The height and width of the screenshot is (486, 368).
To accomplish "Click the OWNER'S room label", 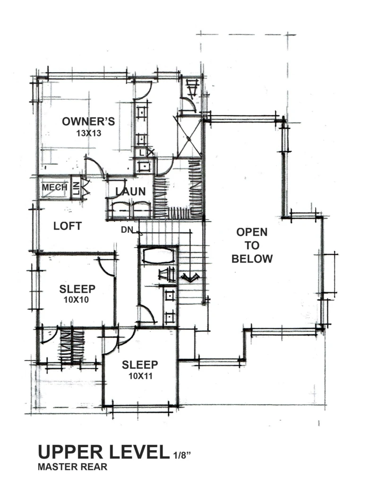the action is [88, 121].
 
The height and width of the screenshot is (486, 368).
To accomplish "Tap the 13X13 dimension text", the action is [89, 133].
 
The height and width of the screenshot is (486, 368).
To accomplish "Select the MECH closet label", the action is [55, 187].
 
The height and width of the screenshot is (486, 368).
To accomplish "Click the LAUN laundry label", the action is [131, 192].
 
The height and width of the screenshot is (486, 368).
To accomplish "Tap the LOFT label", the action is [68, 226].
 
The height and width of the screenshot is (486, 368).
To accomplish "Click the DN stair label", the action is [127, 230].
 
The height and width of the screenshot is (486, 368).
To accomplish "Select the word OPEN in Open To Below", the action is [252, 232].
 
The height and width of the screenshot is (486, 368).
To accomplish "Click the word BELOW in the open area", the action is [252, 259].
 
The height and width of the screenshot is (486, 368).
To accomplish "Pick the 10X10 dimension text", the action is [77, 300].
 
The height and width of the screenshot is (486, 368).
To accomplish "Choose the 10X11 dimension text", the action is [140, 376].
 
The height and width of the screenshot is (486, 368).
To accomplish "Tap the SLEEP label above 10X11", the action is [140, 365].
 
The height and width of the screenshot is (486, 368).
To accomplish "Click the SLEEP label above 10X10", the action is [77, 289].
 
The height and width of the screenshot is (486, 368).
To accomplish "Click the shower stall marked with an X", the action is [189, 136].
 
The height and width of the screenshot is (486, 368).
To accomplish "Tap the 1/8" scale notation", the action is [180, 455].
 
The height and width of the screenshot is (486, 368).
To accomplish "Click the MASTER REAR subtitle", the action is [73, 467].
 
